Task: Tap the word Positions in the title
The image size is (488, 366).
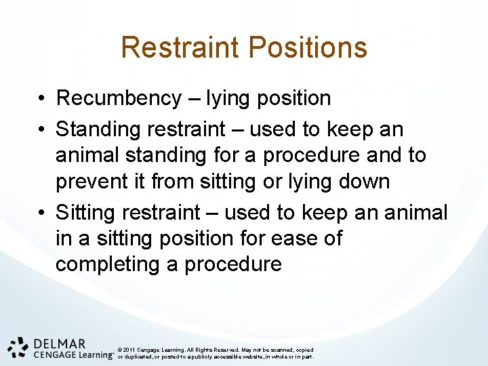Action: click(x=308, y=47)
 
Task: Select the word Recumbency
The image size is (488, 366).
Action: click(x=119, y=98)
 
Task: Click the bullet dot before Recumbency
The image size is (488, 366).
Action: click(x=42, y=99)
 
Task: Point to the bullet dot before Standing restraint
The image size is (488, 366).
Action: click(x=42, y=129)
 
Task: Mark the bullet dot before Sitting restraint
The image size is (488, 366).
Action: click(x=42, y=213)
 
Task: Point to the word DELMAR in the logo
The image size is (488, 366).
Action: click(x=59, y=344)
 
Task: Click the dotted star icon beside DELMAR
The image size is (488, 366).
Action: click(x=19, y=347)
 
